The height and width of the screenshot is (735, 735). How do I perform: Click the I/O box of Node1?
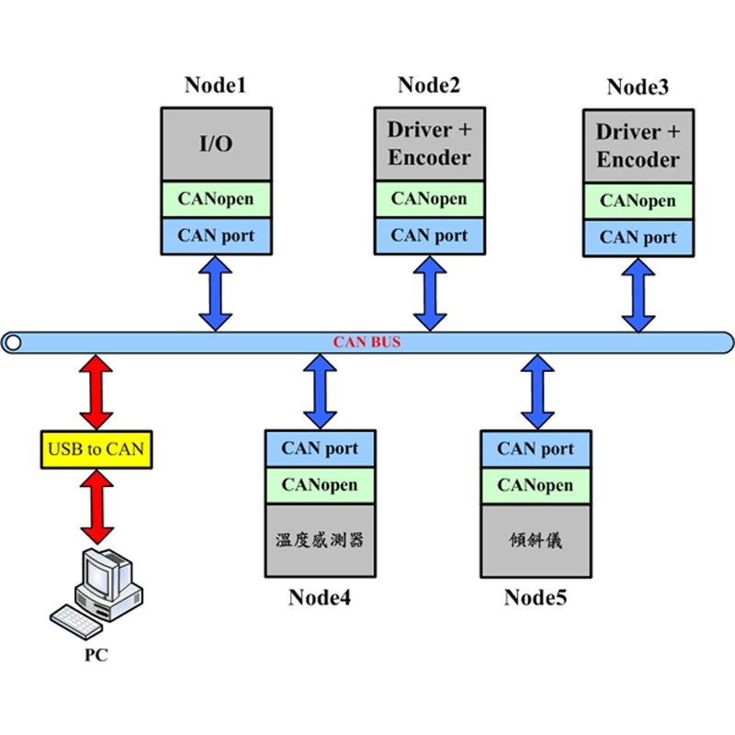[x=216, y=144]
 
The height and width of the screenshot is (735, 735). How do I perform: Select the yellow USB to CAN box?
[x=96, y=449]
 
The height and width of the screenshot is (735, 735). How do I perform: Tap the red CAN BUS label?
[x=367, y=342]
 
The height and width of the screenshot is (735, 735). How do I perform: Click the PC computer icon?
[x=96, y=594]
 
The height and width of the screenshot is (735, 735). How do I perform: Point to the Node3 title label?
[x=638, y=86]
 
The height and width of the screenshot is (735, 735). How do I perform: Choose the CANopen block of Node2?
[x=429, y=199]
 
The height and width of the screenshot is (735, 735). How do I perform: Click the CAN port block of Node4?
[x=320, y=448]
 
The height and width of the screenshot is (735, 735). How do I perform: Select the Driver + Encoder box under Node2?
[x=429, y=144]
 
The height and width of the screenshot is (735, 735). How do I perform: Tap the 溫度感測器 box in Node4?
[x=320, y=540]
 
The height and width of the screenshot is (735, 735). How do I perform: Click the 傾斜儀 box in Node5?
[x=536, y=540]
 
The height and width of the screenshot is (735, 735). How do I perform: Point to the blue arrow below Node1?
[x=216, y=293]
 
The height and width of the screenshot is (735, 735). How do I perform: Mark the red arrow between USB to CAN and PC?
[x=97, y=507]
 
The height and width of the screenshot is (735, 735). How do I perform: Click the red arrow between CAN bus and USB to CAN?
[x=96, y=392]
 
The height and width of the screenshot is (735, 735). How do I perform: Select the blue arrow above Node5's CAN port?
[x=537, y=392]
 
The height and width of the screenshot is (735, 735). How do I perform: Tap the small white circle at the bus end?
[x=14, y=343]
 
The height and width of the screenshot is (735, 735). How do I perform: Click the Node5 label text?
[x=536, y=598]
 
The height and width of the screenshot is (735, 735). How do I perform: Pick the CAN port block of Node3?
[x=639, y=238]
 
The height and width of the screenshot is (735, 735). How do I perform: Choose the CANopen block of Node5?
[x=536, y=486]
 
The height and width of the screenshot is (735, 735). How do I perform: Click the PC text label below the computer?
[x=96, y=655]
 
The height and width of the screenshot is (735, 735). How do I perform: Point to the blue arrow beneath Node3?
[x=639, y=295]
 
